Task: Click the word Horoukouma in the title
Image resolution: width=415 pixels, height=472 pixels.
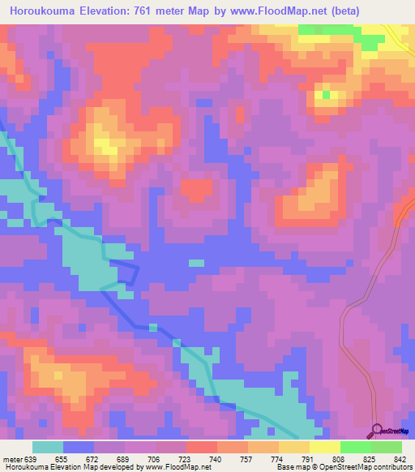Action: coord(41,11)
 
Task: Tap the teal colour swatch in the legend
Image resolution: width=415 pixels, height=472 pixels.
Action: coord(48,447)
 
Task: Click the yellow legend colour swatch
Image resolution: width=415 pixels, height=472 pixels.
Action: coord(325,447)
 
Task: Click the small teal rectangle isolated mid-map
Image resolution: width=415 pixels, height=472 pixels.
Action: coord(196,263)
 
